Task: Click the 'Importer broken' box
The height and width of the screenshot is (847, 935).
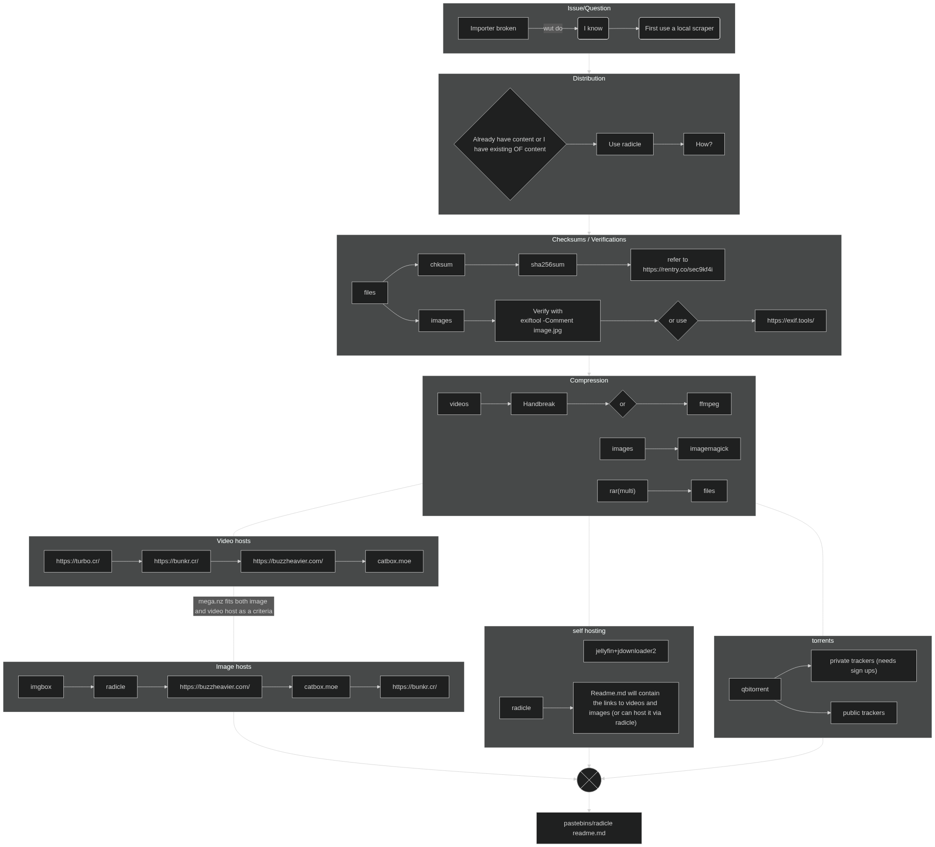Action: pos(493,28)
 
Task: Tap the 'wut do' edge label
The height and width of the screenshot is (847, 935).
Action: pos(553,28)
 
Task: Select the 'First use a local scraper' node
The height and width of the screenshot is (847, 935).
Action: pos(679,28)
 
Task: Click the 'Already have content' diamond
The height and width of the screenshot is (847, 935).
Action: pos(510,144)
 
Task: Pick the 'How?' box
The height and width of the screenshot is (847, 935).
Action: pos(704,144)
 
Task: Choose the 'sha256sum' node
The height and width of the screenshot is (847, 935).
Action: pos(548,265)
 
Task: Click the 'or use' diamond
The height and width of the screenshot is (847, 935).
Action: pos(678,321)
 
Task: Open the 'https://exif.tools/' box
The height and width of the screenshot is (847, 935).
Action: pos(790,321)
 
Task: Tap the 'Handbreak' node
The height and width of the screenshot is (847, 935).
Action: pos(539,404)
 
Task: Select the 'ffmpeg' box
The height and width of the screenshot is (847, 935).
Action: pos(709,404)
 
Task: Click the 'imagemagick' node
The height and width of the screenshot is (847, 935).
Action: pos(709,449)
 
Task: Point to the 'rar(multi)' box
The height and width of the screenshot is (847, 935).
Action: pos(622,491)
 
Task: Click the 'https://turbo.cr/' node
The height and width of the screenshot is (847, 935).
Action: pos(78,561)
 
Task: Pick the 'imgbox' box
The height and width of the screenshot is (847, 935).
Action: pos(41,687)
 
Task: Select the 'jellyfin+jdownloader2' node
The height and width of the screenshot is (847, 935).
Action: pos(626,651)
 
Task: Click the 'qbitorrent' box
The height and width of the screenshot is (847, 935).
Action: pos(755,689)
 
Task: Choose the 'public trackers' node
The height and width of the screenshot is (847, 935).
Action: pos(863,713)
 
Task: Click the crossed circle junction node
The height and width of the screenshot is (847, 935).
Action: pos(589,780)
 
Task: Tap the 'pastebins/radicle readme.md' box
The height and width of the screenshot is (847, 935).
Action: pos(589,828)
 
